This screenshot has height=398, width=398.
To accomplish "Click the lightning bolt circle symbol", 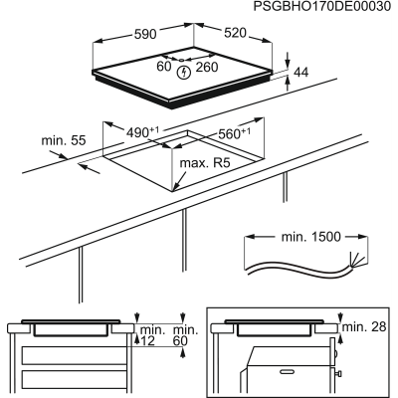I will tap(185, 71).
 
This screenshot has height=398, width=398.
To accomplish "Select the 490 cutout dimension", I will tap(144, 131).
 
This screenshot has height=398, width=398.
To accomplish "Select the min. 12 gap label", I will tap(150, 335).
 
